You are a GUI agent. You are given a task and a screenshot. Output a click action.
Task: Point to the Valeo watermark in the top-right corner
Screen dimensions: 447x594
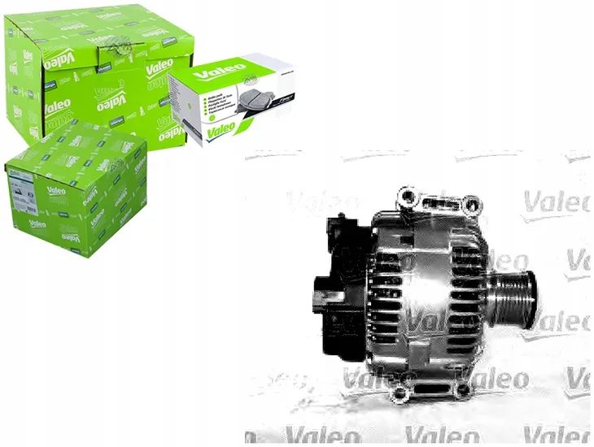(x=555, y=202)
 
